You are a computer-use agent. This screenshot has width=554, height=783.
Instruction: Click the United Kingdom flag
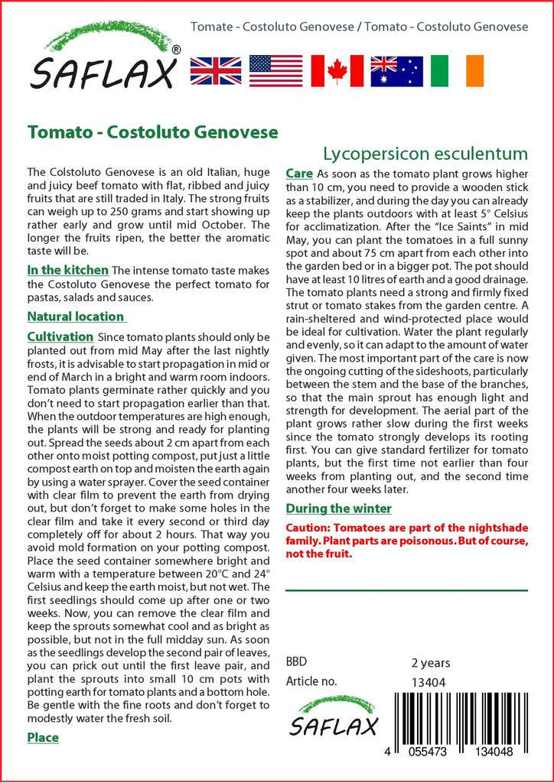pos(216,70)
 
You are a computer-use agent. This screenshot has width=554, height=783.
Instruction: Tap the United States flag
pos(276,70)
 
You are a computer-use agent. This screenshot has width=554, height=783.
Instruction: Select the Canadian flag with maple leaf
pos(337,70)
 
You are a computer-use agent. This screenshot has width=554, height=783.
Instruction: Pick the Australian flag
pos(396,70)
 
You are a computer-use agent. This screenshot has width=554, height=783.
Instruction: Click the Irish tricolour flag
pos(458,70)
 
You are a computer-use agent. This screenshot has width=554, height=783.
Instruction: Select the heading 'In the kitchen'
pos(67,270)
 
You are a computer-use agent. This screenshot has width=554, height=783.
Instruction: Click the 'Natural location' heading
pos(76,317)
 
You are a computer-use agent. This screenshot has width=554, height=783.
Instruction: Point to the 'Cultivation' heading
pos(60,336)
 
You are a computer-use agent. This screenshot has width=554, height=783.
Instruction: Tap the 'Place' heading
pos(43,738)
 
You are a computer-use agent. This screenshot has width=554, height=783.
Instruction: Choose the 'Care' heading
pos(298,174)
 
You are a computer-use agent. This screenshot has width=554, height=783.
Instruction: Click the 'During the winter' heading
pos(338,508)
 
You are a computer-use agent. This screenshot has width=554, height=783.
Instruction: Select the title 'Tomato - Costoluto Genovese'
pos(152,132)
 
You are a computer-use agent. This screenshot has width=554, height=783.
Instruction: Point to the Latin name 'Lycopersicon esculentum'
pos(425,153)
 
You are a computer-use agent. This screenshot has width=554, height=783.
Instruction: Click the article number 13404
pos(429,682)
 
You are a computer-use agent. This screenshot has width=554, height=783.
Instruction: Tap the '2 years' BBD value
pos(431,662)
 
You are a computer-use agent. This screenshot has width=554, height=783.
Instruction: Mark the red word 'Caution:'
pos(309,528)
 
